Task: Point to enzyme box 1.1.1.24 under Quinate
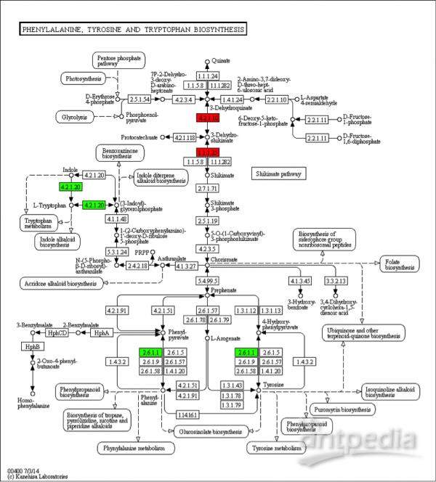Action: [208, 75]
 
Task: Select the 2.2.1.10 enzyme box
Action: [276, 99]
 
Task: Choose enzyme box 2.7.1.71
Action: [208, 188]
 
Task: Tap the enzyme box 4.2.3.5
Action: [208, 248]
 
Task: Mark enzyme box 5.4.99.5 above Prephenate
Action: [208, 280]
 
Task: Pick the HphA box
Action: [100, 332]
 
